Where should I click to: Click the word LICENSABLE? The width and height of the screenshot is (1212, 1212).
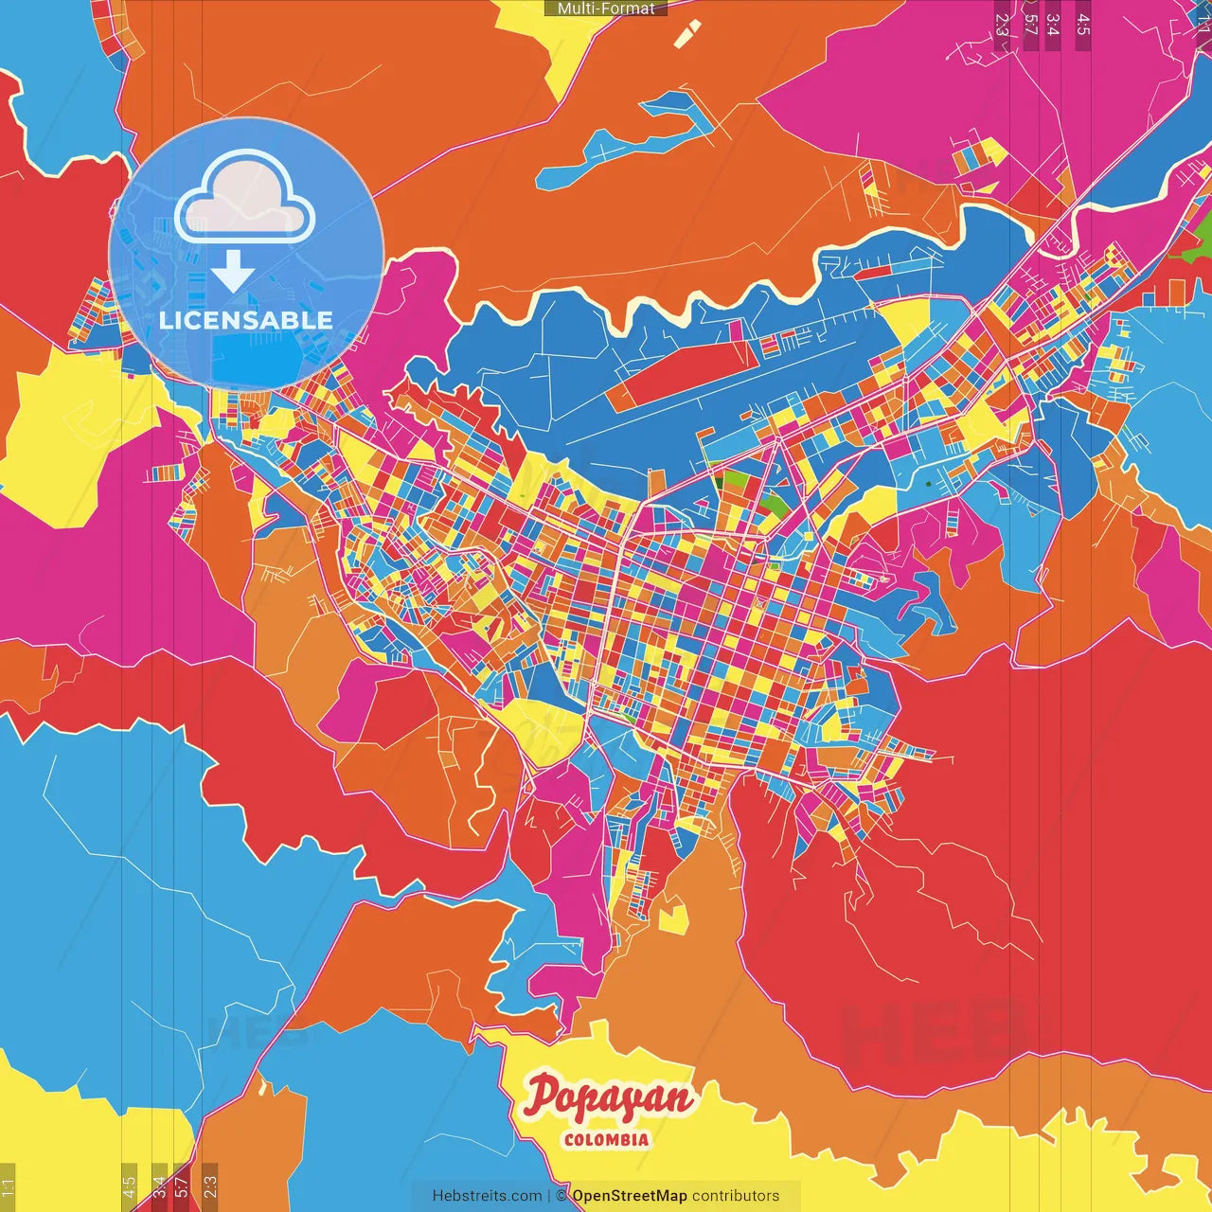point(246,320)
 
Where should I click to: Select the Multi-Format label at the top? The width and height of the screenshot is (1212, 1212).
point(606,9)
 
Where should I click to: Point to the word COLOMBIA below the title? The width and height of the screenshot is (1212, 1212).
point(607,1140)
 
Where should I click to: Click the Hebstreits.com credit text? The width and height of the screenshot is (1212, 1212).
point(488,1196)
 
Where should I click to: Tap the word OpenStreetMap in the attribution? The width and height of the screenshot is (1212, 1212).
point(630,1196)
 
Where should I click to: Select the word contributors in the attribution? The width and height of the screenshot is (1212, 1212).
point(736,1196)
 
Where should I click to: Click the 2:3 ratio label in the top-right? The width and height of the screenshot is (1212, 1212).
point(1002,25)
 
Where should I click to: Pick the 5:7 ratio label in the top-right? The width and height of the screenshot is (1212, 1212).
point(1030,25)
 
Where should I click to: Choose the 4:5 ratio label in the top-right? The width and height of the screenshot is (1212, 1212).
point(1082,25)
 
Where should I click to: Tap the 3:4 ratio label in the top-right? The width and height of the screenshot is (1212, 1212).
point(1053,25)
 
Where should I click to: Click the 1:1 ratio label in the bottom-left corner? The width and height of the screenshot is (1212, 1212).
point(8,1187)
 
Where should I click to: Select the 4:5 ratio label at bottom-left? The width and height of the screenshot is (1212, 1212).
point(129,1187)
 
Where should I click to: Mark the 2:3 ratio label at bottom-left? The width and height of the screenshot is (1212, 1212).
point(210,1187)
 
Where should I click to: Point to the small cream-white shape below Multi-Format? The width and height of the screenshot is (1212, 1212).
point(687,34)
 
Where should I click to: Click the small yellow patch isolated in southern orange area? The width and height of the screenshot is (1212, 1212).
point(672,917)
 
